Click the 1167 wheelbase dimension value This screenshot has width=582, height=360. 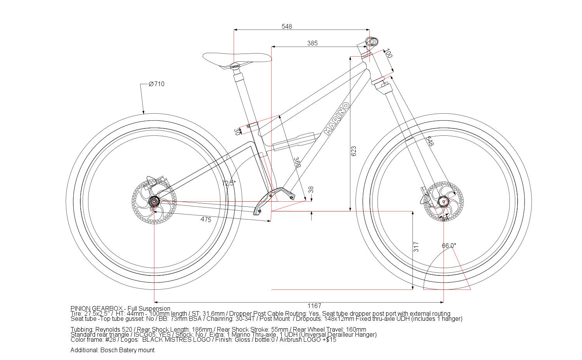coord(314,306)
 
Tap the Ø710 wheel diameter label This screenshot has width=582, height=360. coord(156,84)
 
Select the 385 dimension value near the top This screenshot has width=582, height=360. coord(312,43)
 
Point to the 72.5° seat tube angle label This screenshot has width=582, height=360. coord(229,183)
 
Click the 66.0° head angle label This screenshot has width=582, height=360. coord(449,246)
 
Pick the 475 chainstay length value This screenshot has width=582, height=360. coord(206,220)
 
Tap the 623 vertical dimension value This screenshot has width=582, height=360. coord(353,151)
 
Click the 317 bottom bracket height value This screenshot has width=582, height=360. coord(416,247)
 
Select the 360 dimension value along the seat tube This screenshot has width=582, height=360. coord(297,162)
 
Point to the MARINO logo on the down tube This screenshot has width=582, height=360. coord(336,119)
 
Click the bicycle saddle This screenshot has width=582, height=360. coord(237,59)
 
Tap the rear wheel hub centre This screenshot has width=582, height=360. coord(154,201)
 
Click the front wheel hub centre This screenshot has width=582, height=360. coord(443,202)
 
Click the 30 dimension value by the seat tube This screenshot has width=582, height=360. coord(237,132)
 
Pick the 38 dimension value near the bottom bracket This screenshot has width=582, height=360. coord(311,190)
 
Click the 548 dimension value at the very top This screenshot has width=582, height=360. coord(287,26)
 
